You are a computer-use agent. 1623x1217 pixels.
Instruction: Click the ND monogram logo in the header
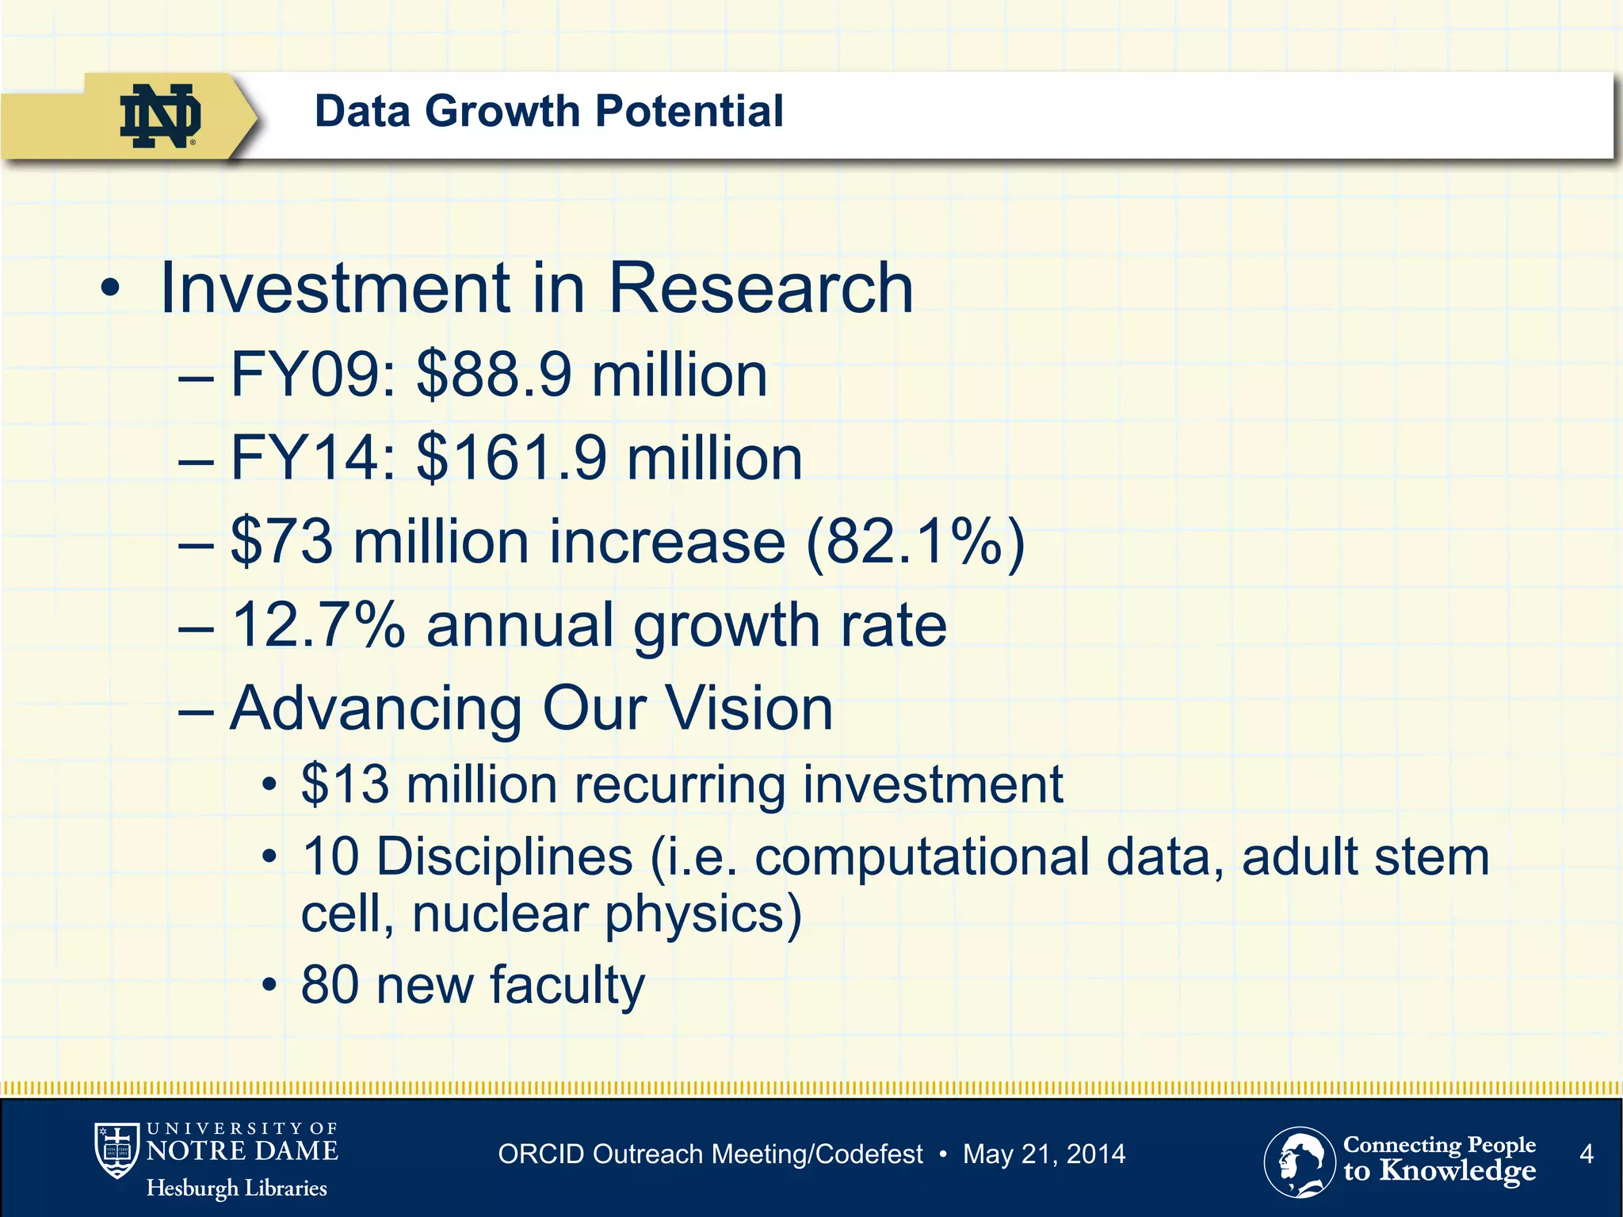pyautogui.click(x=160, y=116)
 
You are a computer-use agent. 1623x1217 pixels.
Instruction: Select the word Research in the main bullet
pyautogui.click(x=760, y=288)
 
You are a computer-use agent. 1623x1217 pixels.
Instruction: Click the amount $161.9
pyautogui.click(x=511, y=458)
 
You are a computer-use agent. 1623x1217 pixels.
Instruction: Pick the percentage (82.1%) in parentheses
pyautogui.click(x=915, y=542)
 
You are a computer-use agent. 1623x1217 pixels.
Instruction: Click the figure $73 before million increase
pyautogui.click(x=281, y=542)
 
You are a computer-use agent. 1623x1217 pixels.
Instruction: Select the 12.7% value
pyautogui.click(x=318, y=625)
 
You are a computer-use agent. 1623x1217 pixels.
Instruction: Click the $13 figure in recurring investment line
pyautogui.click(x=345, y=784)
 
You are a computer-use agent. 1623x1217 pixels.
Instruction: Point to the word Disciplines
pyautogui.click(x=504, y=857)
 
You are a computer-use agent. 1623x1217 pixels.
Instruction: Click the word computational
pyautogui.click(x=922, y=857)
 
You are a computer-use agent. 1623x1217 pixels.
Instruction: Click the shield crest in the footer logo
pyautogui.click(x=116, y=1150)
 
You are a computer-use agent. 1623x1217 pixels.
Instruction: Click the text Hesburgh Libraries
pyautogui.click(x=236, y=1188)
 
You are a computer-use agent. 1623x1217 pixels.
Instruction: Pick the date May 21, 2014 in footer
pyautogui.click(x=1044, y=1154)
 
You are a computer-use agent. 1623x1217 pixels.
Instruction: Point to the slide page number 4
pyautogui.click(x=1586, y=1154)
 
